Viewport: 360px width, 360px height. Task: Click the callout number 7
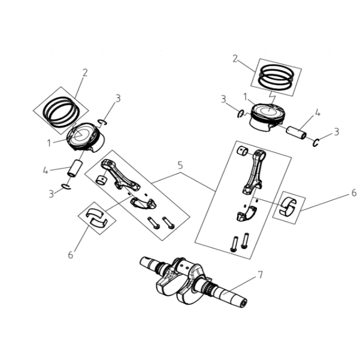(x=260, y=274)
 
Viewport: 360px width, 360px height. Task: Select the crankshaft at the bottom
(x=193, y=282)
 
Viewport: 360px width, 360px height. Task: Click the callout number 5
(x=180, y=165)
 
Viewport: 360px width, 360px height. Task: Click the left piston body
(x=86, y=137)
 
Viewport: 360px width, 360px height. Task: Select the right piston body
(x=268, y=117)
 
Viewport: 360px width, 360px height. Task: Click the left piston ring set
(x=61, y=112)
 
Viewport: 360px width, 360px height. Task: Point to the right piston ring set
(x=276, y=77)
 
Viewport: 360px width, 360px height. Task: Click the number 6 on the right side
(x=354, y=193)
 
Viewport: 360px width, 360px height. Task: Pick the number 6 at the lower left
(x=71, y=255)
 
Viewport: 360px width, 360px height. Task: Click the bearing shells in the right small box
(x=288, y=205)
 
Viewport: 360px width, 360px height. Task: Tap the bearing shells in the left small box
(x=97, y=217)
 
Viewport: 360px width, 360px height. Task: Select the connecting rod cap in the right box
(x=246, y=214)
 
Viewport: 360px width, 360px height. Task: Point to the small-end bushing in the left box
(x=101, y=180)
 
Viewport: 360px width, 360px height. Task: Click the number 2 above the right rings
(x=235, y=59)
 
